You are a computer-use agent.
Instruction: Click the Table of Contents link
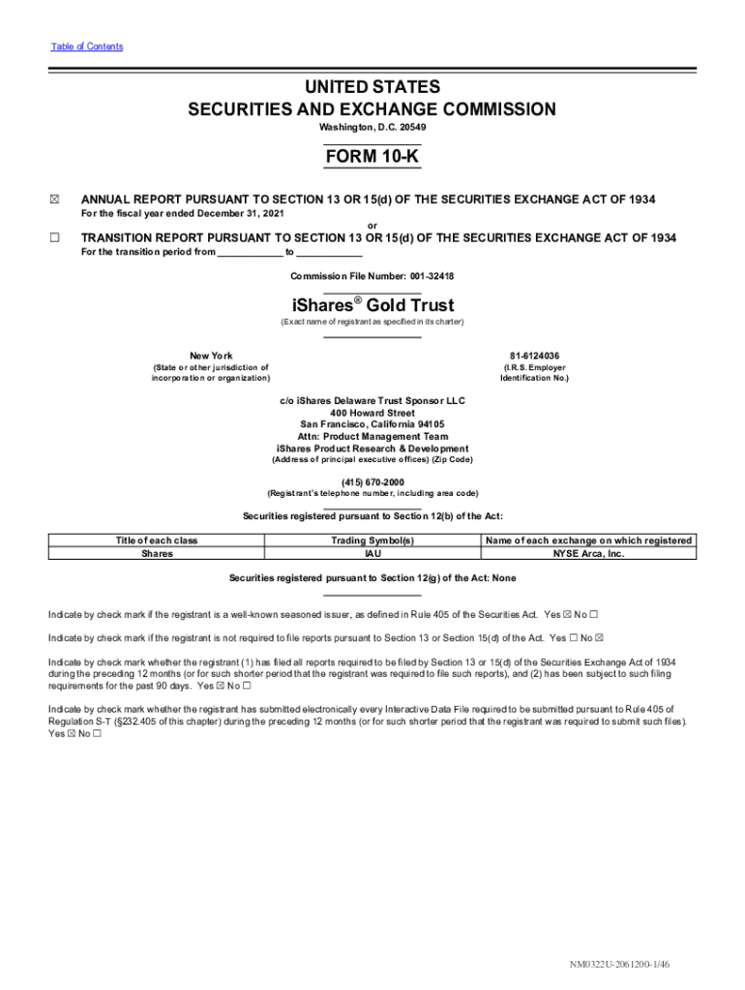(x=86, y=46)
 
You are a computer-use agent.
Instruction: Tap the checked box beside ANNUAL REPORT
(x=54, y=200)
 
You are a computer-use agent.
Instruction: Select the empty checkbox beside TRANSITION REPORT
(x=54, y=238)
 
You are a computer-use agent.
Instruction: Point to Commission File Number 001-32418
(x=372, y=277)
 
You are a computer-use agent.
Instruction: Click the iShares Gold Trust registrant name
(x=372, y=306)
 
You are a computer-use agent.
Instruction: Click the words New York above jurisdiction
(x=210, y=356)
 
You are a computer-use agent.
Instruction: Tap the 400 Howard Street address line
(x=372, y=413)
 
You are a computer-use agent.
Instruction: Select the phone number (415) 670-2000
(x=372, y=481)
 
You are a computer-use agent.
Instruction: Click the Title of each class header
(x=157, y=540)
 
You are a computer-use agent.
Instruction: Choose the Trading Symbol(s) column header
(x=372, y=540)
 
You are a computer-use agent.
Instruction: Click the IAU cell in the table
(x=372, y=554)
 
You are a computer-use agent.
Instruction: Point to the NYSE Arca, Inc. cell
(x=588, y=554)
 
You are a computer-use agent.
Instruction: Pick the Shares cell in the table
(x=157, y=554)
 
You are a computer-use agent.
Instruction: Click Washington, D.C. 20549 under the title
(x=372, y=128)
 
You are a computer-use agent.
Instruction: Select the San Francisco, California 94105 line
(x=372, y=424)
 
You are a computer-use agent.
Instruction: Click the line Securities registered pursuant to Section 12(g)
(x=372, y=578)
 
